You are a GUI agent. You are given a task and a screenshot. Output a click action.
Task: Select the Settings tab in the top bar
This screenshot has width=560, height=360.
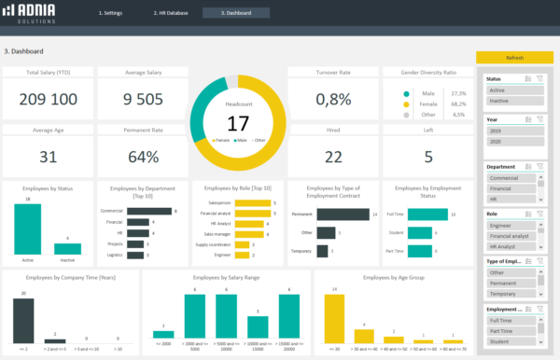pyautogui.click(x=111, y=13)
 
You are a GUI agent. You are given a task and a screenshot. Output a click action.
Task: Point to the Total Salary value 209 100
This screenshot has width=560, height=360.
pyautogui.click(x=47, y=99)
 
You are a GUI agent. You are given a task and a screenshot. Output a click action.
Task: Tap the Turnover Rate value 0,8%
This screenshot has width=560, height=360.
pyautogui.click(x=333, y=99)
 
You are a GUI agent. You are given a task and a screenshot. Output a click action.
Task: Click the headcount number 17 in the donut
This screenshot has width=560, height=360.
pyautogui.click(x=238, y=123)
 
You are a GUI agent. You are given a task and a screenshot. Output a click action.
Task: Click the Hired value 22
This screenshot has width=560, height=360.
pyautogui.click(x=333, y=157)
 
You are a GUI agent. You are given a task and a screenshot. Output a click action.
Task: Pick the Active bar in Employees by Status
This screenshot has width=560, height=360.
pyautogui.click(x=27, y=228)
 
